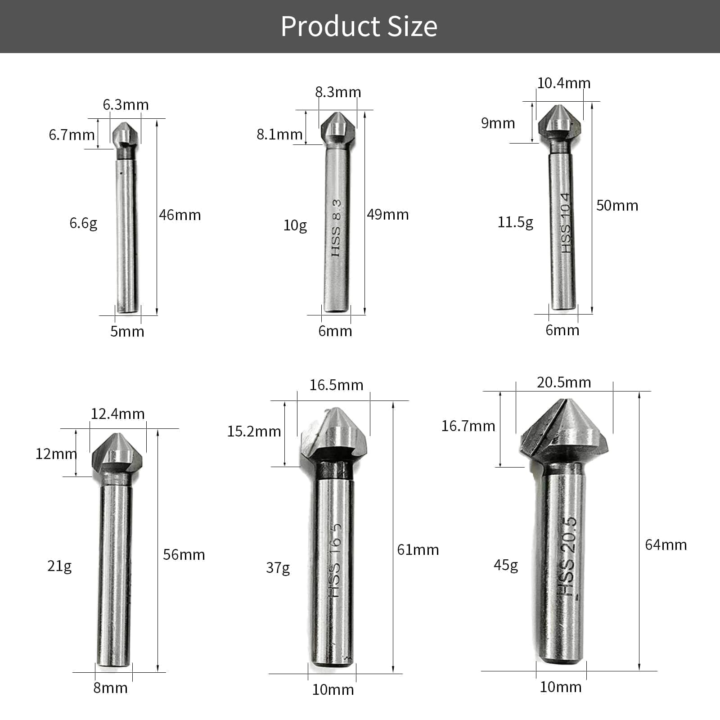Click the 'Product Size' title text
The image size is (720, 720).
359,27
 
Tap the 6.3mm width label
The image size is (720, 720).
126,105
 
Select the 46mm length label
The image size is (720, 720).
180,215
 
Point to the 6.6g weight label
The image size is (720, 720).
83,223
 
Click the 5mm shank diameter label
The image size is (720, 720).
127,332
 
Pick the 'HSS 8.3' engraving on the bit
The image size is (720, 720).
337,228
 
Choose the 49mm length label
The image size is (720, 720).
388,215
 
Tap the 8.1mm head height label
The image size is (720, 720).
279,134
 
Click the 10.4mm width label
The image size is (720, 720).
564,83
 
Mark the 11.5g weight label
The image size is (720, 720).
515,222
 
